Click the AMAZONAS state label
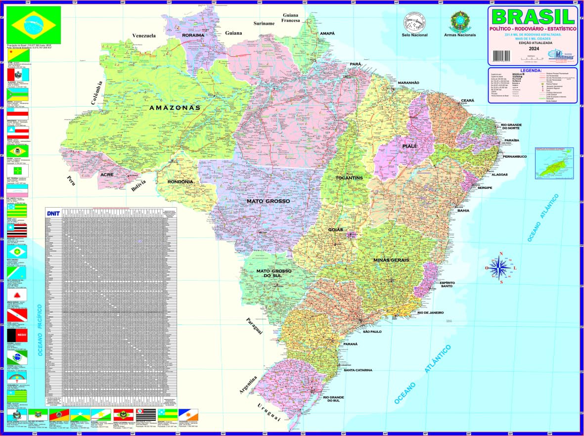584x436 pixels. click(x=175, y=107)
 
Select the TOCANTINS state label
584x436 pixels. click(x=349, y=178)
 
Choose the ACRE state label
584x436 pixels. click(x=107, y=174)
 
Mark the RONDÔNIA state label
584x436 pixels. click(x=180, y=181)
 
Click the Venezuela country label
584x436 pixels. click(x=144, y=36)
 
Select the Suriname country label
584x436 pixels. click(x=264, y=23)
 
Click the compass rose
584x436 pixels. click(x=501, y=268)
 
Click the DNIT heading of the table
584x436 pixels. click(x=52, y=214)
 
